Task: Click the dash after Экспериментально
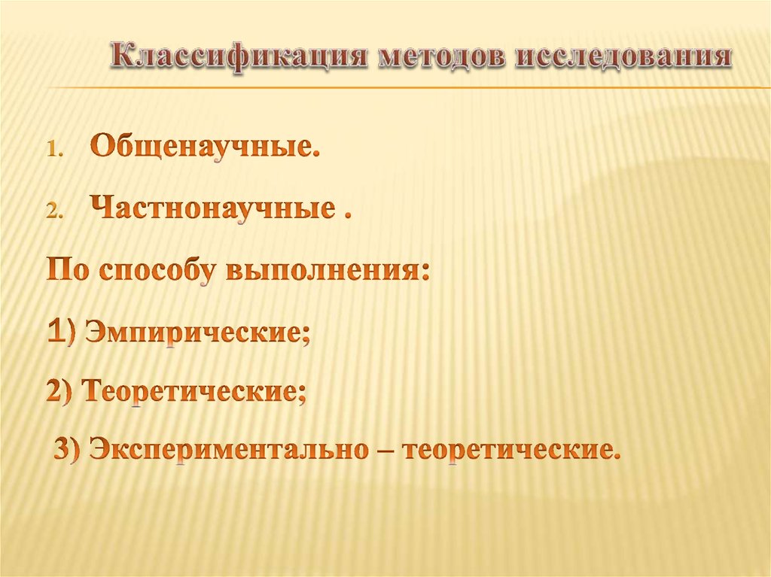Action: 383,451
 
